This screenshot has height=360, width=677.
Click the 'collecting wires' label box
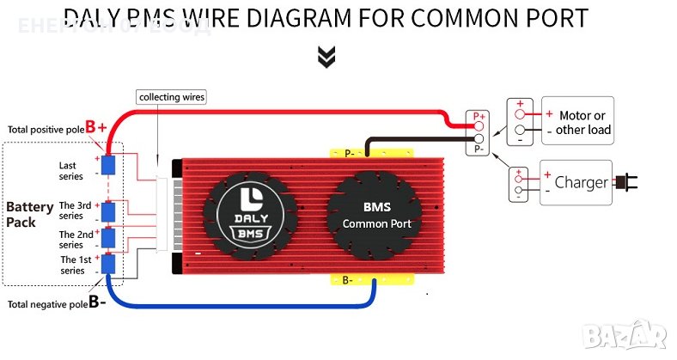(172, 97)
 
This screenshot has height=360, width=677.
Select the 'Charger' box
(575, 182)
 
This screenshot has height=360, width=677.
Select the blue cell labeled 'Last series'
(109, 165)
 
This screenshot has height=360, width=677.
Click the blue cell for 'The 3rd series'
(109, 211)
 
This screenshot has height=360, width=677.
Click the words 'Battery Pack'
(29, 214)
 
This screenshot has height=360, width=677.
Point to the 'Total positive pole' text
(46, 130)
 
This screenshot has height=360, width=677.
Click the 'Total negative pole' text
(47, 303)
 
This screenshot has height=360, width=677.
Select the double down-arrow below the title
(326, 57)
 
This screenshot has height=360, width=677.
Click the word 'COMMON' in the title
(460, 18)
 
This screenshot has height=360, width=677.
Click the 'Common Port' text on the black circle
(376, 223)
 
